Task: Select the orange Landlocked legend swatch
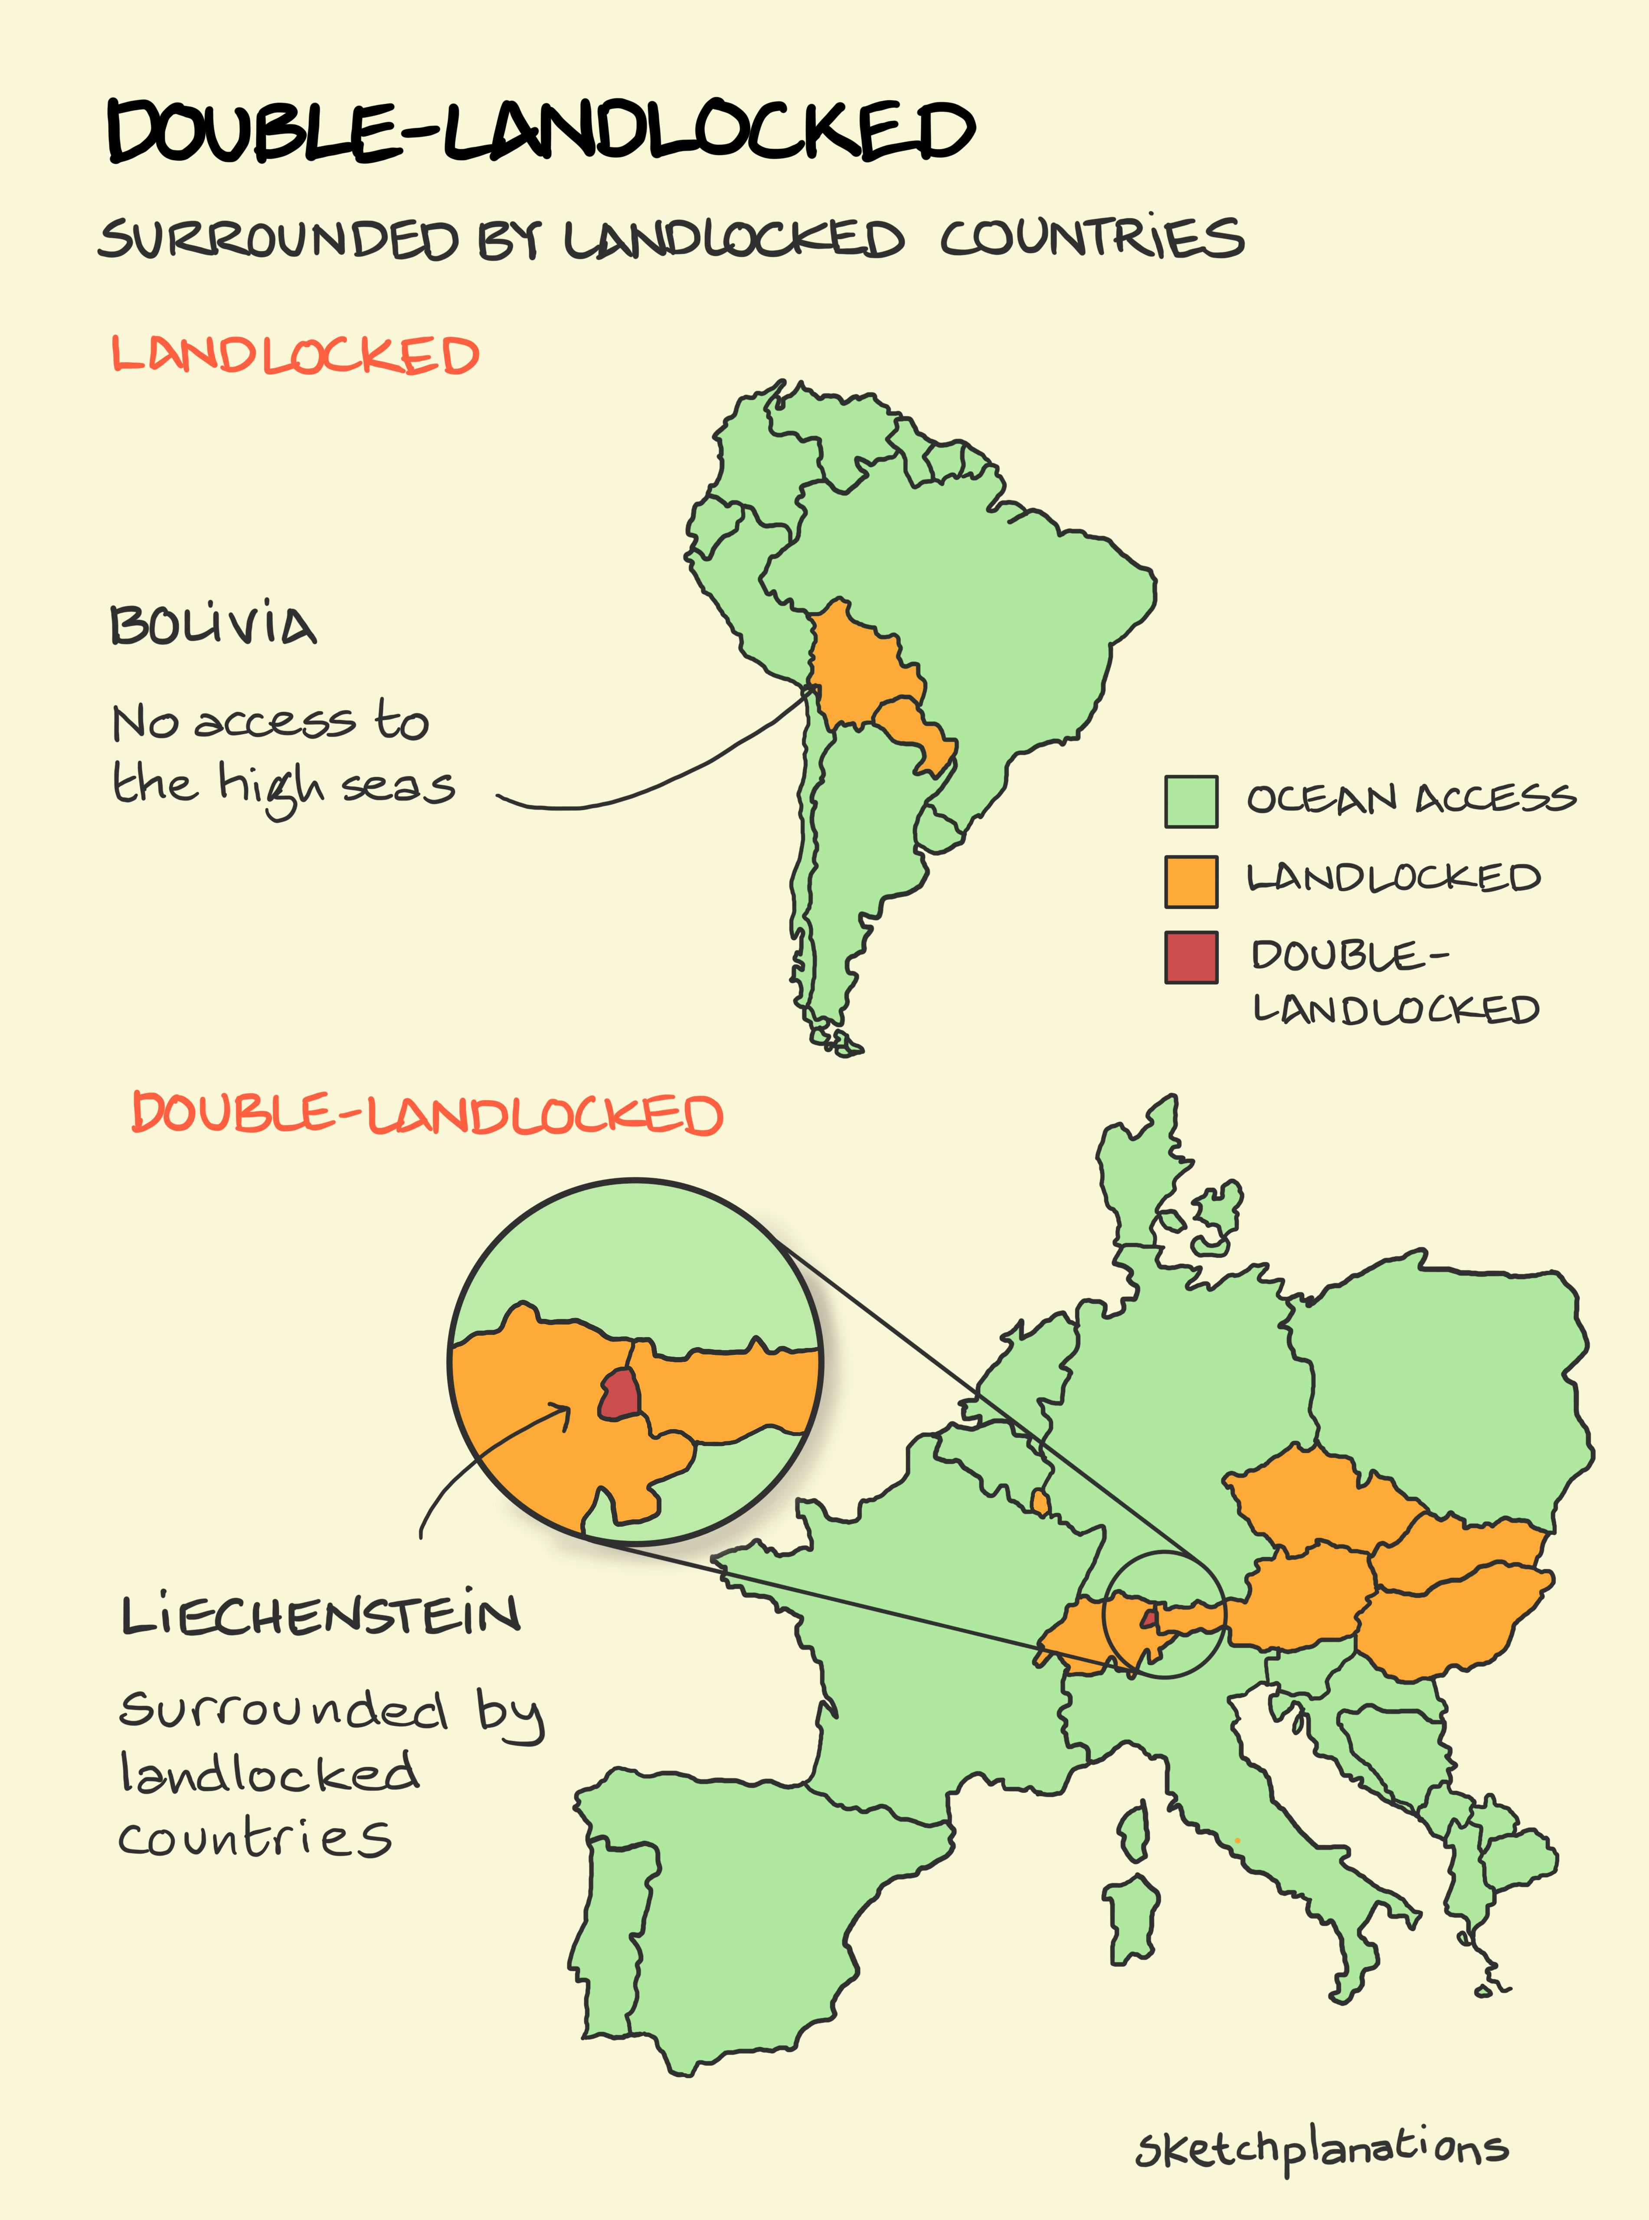1191,882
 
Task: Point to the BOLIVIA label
213,626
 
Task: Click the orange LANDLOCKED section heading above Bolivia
294,355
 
